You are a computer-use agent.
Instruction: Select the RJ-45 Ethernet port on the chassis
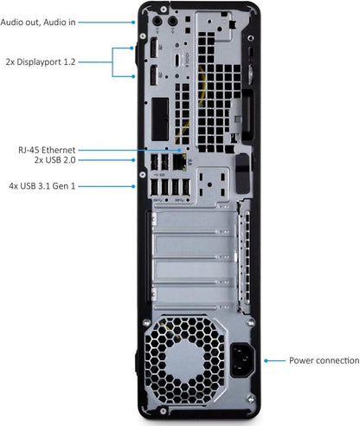[179, 161]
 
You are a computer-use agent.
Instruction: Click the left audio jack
[158, 20]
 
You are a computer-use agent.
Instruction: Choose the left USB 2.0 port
[155, 161]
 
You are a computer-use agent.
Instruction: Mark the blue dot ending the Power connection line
[266, 359]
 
